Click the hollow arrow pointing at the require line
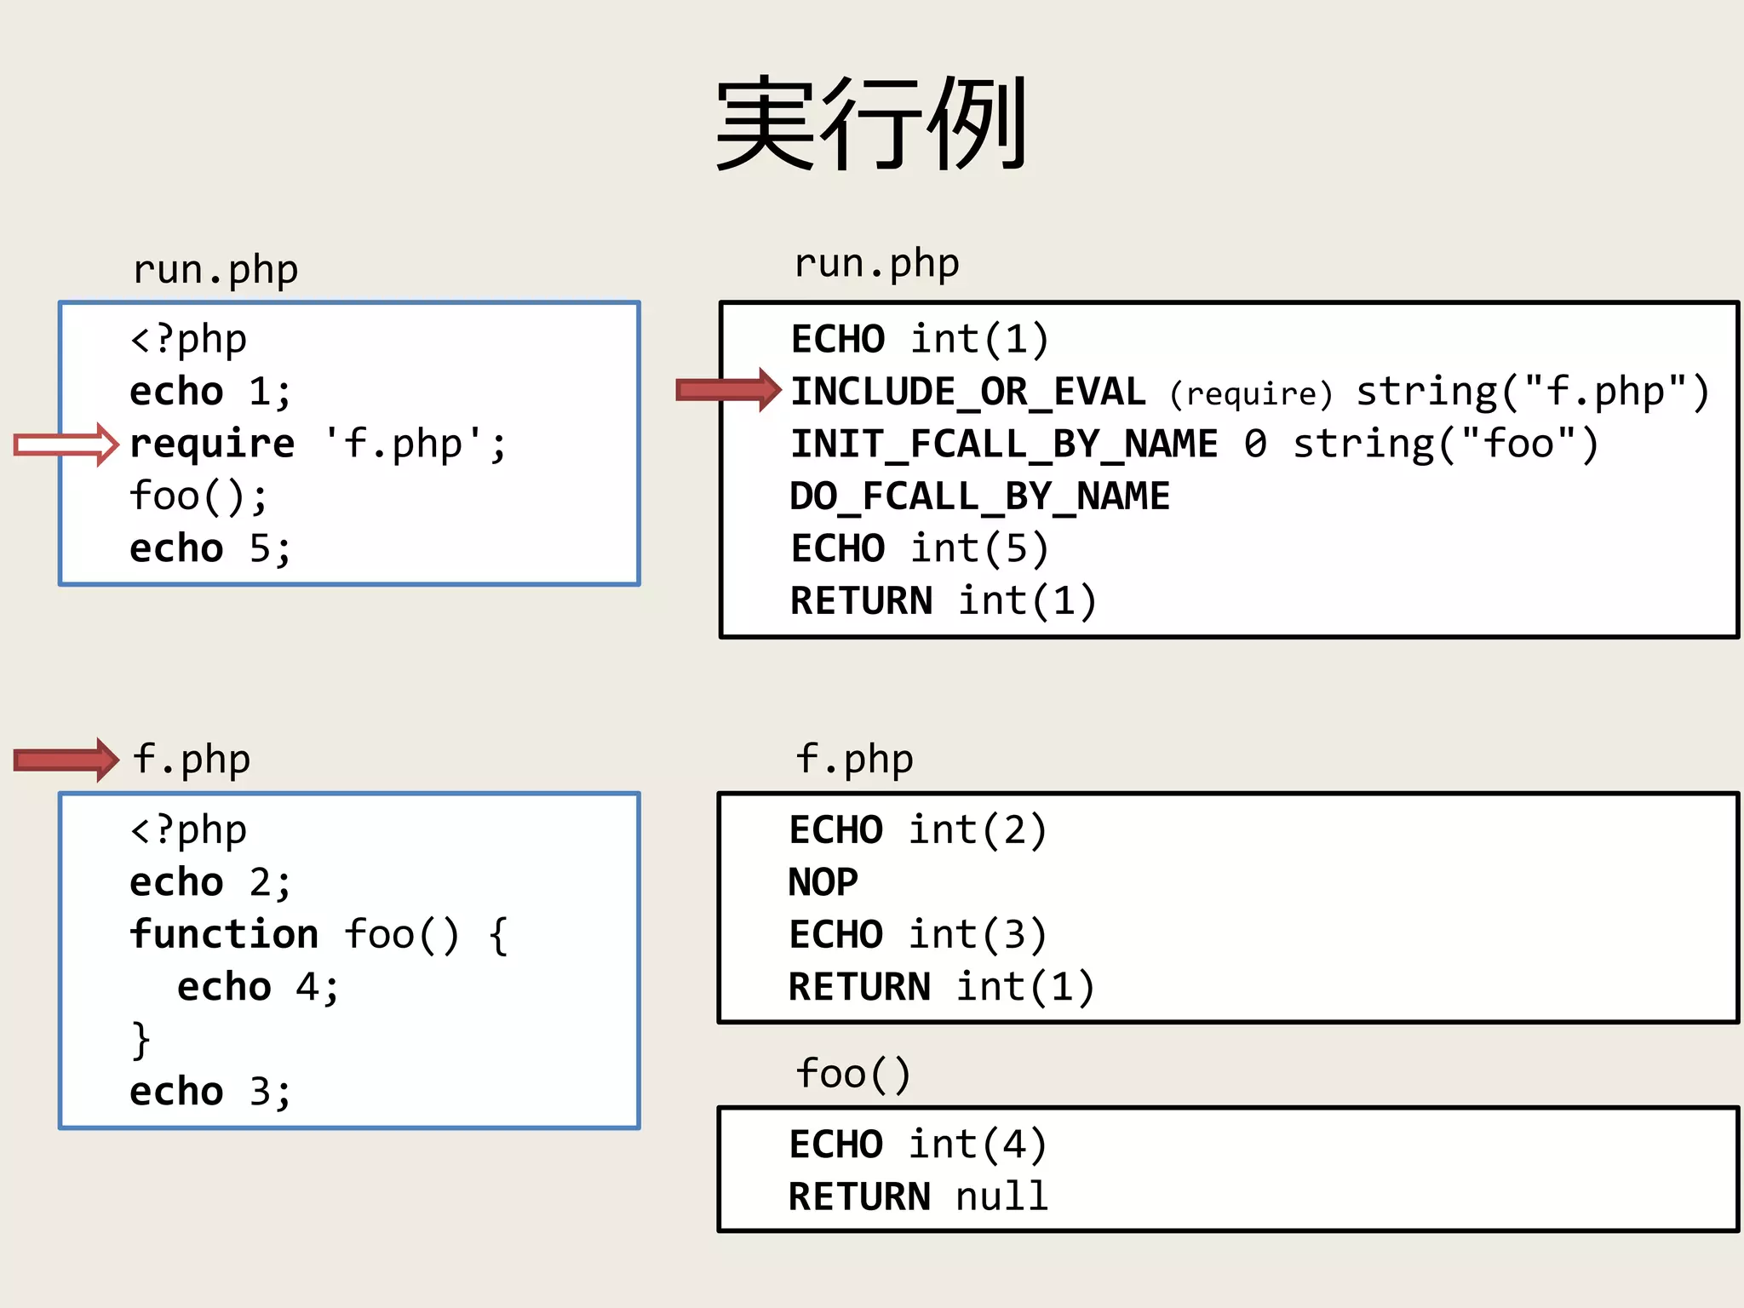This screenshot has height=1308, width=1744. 66,445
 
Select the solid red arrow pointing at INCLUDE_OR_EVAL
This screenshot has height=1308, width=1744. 728,390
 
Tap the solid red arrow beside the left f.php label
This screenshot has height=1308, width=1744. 66,760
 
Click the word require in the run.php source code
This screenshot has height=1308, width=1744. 212,445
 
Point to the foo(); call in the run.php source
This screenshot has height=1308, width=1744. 198,496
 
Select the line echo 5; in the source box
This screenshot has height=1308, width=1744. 209,549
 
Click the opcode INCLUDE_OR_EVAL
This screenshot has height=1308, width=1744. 968,393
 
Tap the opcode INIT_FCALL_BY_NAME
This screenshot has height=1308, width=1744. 1004,445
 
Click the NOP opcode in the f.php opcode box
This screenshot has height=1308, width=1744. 823,882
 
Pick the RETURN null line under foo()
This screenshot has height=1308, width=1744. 917,1197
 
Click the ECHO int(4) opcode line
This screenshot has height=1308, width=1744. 917,1144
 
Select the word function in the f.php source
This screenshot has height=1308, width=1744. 224,935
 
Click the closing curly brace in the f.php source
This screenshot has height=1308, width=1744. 141,1040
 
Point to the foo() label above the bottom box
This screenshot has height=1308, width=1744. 853,1074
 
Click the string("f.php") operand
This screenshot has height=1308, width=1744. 1532,393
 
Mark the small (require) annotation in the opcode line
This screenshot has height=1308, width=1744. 1250,394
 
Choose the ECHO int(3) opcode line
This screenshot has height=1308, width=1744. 917,935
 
